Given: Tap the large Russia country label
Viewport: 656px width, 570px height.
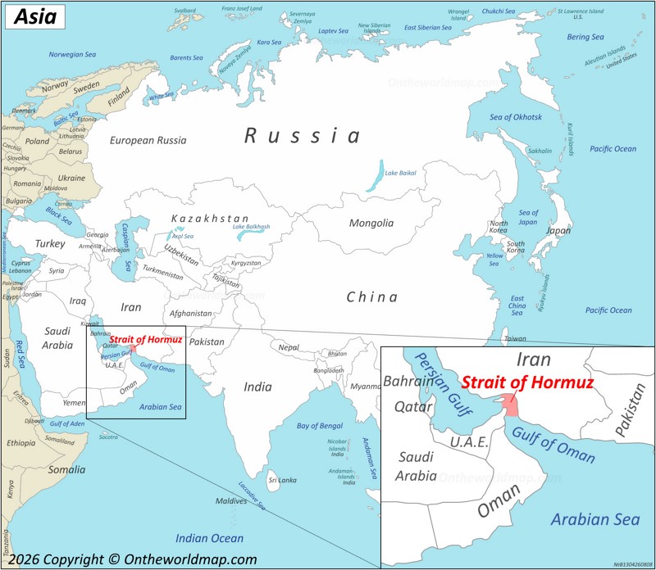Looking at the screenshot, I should pos(303,136).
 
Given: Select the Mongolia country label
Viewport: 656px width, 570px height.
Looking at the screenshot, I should pos(371,223).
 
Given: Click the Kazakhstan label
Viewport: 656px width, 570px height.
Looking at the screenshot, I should pos(210,219).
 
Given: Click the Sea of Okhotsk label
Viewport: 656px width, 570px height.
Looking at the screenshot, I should pos(516,117).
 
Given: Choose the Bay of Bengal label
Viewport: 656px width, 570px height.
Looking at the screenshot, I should pos(320,426).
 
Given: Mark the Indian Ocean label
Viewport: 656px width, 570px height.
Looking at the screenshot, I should pos(210,538).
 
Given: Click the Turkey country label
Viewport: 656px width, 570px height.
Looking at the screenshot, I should pos(49,244).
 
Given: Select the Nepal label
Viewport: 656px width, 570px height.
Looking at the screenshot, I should pos(289,347).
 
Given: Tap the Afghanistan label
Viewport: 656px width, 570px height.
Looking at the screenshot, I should pos(190,313).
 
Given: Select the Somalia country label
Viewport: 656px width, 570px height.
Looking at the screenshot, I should pos(66,469).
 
